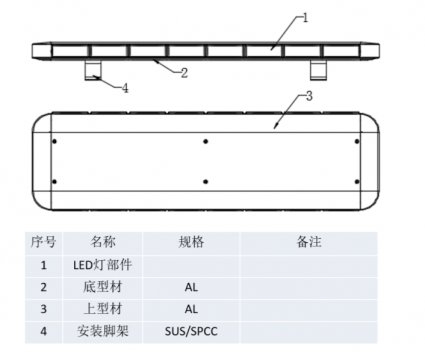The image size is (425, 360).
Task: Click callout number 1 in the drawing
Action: pyautogui.click(x=306, y=17)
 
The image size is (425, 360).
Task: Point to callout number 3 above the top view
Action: pyautogui.click(x=309, y=96)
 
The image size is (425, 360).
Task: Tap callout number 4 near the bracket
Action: pyautogui.click(x=125, y=88)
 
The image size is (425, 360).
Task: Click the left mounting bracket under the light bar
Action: pyautogui.click(x=92, y=68)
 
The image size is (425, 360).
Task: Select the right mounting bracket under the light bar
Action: pyautogui.click(x=320, y=68)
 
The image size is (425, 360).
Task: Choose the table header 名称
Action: pyautogui.click(x=102, y=243)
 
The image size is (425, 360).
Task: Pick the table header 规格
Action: pyautogui.click(x=191, y=243)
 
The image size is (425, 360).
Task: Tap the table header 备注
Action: pyautogui.click(x=307, y=243)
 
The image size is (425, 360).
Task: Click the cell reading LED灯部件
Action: pyautogui.click(x=102, y=265)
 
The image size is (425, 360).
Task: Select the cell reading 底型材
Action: pyautogui.click(x=102, y=287)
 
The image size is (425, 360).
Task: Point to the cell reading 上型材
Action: pyautogui.click(x=102, y=309)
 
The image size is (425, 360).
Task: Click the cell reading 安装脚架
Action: pyautogui.click(x=102, y=331)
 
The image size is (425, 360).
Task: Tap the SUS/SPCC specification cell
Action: pyautogui.click(x=191, y=331)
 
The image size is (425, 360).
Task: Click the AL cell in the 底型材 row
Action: pyautogui.click(x=191, y=287)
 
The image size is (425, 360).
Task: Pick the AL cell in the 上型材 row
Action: pyautogui.click(x=191, y=309)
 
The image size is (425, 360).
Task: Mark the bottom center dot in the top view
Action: pyautogui.click(x=205, y=181)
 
